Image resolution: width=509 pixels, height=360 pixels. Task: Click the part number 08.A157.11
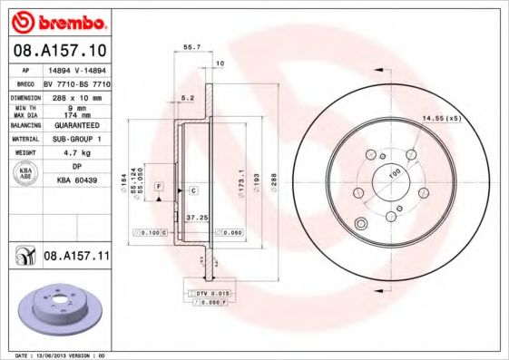tap(76, 258)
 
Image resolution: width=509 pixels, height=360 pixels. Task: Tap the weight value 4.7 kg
tap(77, 153)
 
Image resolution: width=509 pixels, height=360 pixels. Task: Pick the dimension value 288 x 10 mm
tap(77, 95)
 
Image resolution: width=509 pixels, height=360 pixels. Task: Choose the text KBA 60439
tap(77, 180)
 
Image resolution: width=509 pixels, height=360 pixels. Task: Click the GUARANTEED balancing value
tap(77, 126)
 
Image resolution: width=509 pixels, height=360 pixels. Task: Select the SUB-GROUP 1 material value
tap(77, 140)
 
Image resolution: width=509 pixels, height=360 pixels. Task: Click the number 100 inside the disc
tap(395, 172)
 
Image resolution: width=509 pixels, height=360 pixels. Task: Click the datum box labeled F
tap(159, 186)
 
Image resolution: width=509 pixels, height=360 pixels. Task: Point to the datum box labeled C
tap(193, 190)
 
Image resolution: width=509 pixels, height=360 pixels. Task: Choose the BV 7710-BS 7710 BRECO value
tap(77, 82)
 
